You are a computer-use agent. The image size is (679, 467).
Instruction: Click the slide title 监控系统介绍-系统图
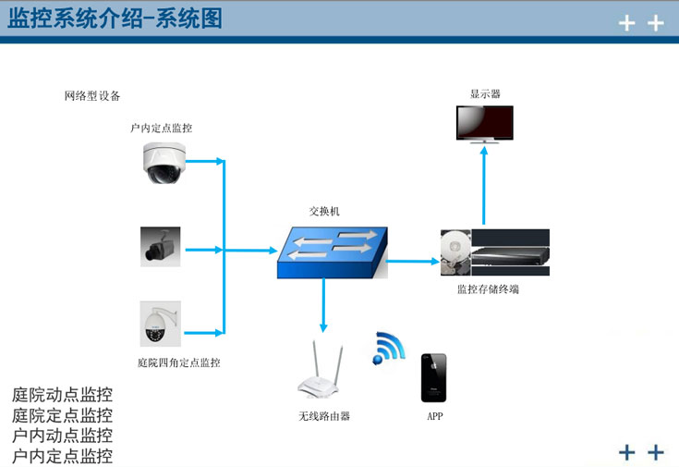[116, 19]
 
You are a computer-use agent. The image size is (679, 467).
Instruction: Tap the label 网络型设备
[92, 96]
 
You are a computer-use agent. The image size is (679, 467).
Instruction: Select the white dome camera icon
[164, 162]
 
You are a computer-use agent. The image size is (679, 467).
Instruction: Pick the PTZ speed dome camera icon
[160, 324]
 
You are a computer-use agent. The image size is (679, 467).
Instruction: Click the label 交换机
[324, 211]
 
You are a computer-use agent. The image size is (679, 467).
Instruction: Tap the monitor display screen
[485, 123]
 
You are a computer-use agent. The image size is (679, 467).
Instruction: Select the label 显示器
[485, 93]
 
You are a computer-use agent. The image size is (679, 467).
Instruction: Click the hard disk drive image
[455, 252]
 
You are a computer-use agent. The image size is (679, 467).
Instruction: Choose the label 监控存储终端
[488, 289]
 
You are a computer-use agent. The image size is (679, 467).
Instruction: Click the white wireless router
[323, 375]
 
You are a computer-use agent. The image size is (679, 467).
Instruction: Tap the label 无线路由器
[324, 416]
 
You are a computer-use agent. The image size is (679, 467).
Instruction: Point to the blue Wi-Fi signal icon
[389, 348]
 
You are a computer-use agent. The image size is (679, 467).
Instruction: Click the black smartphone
[433, 376]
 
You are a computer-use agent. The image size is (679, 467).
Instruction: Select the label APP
[434, 416]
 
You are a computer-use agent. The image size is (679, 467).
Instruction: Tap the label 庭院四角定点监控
[179, 363]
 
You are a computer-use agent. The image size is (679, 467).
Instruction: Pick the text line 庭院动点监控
[63, 396]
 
